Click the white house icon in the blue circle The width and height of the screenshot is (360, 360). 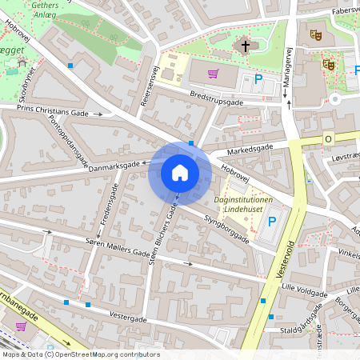[180, 173]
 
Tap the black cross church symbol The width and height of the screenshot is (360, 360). [246, 46]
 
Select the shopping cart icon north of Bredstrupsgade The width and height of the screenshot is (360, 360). [213, 74]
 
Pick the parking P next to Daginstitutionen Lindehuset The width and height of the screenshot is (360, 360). [273, 221]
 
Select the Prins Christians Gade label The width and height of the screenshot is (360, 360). [53, 113]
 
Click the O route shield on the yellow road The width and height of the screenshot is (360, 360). [328, 139]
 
